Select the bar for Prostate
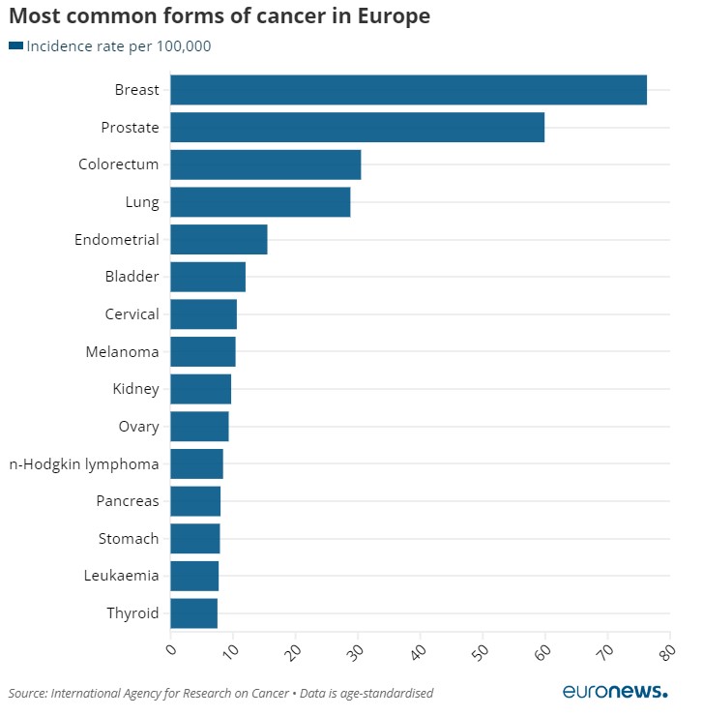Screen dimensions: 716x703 [x=357, y=128]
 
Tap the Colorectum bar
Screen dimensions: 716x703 [x=265, y=164]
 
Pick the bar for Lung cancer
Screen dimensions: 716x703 [x=260, y=202]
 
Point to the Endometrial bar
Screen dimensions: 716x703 [x=219, y=240]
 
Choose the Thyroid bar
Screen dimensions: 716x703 [x=193, y=613]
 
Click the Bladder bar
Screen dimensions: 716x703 [x=208, y=277]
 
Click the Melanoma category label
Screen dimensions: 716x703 [x=122, y=352]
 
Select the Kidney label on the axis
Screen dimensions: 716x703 [x=135, y=389]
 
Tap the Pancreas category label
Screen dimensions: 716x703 [x=128, y=501]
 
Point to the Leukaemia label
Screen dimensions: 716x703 [x=122, y=576]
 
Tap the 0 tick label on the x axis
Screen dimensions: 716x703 [x=171, y=651]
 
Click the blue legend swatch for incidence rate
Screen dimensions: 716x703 [x=15, y=45]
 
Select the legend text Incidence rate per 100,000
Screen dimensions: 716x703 [x=119, y=46]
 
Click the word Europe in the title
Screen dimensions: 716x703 [x=382, y=16]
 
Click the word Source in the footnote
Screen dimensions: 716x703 [x=27, y=693]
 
